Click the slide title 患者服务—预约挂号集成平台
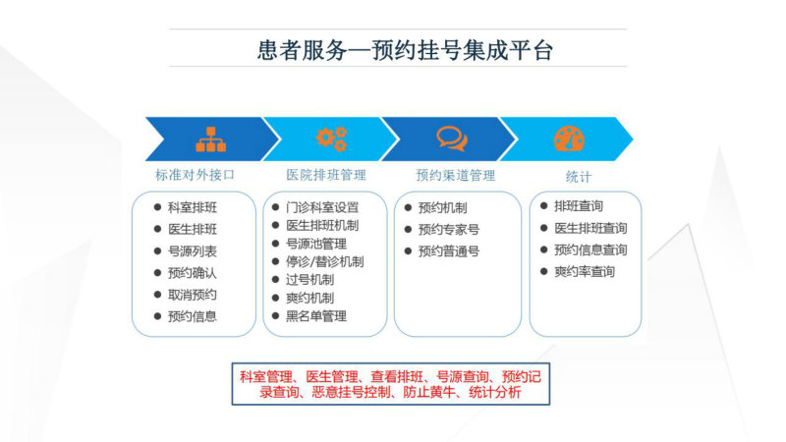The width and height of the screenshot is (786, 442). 405,50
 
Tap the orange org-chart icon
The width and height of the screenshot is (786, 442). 211,139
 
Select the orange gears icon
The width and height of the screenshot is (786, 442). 331,138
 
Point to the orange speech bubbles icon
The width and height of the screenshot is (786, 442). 452,138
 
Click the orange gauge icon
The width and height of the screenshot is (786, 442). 569,138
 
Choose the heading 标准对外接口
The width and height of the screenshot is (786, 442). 195,175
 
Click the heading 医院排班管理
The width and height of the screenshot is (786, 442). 326,175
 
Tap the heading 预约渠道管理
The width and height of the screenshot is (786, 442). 456,176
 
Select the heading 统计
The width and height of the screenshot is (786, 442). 579,177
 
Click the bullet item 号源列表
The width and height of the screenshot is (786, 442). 193,251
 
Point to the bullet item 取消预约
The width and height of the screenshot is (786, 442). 193,295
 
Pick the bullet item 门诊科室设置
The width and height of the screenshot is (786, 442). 322,207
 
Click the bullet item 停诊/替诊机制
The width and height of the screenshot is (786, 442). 325,261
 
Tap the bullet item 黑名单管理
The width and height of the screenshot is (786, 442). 316,316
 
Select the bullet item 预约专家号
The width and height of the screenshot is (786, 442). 449,229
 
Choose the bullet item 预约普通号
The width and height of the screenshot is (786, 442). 449,250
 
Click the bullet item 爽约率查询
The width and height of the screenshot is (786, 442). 585,272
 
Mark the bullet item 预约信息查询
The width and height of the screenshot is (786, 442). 590,249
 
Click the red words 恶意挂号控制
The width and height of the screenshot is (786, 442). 351,392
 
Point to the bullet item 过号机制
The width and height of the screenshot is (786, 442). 309,280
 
